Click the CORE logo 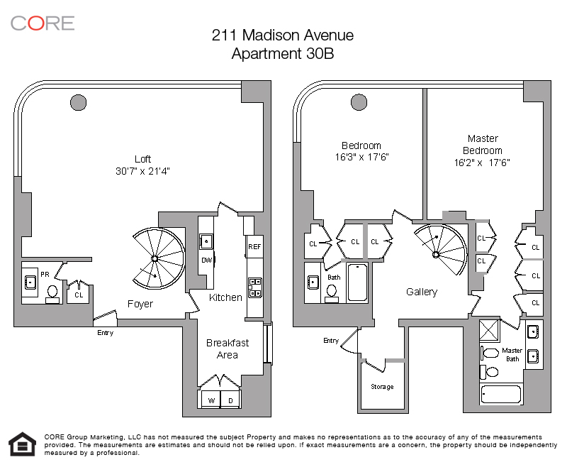coord(43,23)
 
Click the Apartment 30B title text coord(283,53)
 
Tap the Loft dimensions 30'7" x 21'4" coord(143,171)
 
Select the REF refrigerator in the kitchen coord(254,247)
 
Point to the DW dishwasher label coord(207,260)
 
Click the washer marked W coord(211,400)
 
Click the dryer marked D coord(230,400)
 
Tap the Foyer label coord(140,304)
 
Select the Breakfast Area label coord(227,348)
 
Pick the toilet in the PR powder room coord(52,292)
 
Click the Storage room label coord(382,387)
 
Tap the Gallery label coord(422,292)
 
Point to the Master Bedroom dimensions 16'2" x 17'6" coord(483,163)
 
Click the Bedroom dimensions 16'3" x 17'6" coord(361,157)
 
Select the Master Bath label coord(512,354)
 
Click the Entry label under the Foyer coord(105,332)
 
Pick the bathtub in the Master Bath coord(500,395)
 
